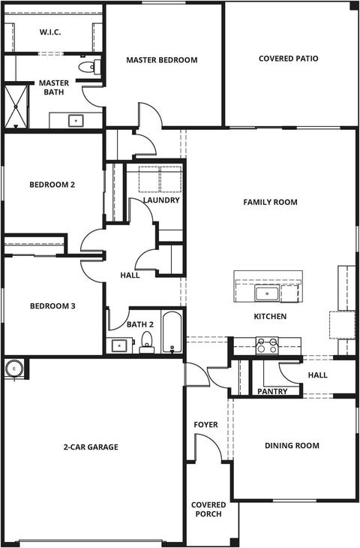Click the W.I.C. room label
click(50, 32)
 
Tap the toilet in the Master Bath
click(90, 66)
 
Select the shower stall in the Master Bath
click(16, 107)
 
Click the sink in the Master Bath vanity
click(76, 121)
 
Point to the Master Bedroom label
click(162, 60)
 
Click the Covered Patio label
click(289, 59)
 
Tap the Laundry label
click(161, 200)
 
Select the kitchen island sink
click(267, 294)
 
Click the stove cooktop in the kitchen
click(267, 345)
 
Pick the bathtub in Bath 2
click(172, 332)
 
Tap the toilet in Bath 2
click(147, 342)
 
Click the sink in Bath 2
click(119, 345)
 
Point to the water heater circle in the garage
click(14, 369)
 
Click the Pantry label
click(272, 391)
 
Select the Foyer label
click(206, 425)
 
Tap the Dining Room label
click(292, 446)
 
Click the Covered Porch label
click(208, 509)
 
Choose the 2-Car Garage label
click(91, 447)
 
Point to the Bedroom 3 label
click(52, 306)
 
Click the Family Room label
click(270, 202)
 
